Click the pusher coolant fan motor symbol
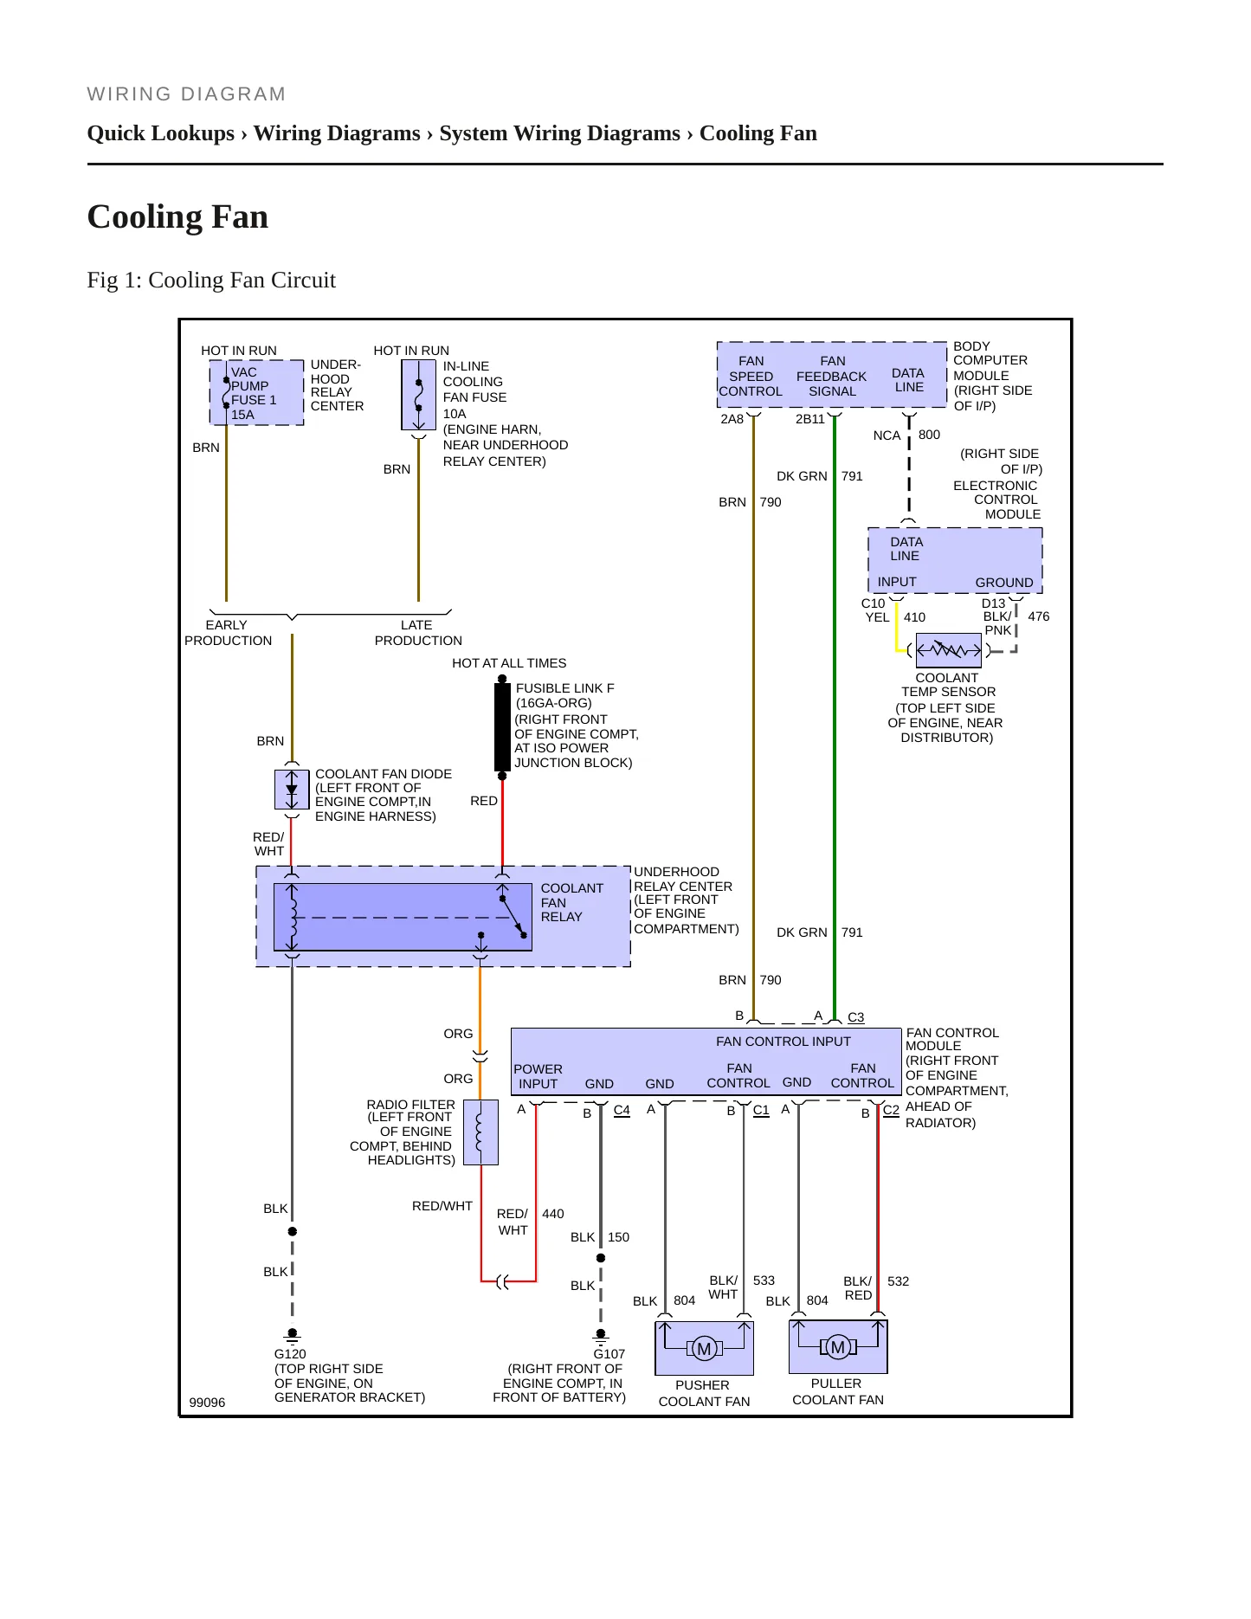click(x=704, y=1348)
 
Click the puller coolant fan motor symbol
click(x=838, y=1346)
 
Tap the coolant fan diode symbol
click(x=292, y=790)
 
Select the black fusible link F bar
click(x=502, y=727)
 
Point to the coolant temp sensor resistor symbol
click(x=949, y=649)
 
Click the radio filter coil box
click(x=480, y=1132)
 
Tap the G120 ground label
click(x=290, y=1354)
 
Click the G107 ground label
click(x=609, y=1354)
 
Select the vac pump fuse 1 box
click(x=256, y=393)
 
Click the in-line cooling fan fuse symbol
click(x=418, y=395)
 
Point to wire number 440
click(x=552, y=1214)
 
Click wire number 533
click(x=764, y=1280)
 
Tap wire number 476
click(x=1038, y=616)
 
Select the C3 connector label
click(x=855, y=1017)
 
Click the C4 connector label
click(x=622, y=1110)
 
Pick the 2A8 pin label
click(x=732, y=419)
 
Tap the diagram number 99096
click(x=207, y=1403)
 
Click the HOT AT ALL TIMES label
click(x=509, y=663)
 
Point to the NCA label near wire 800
click(x=887, y=435)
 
